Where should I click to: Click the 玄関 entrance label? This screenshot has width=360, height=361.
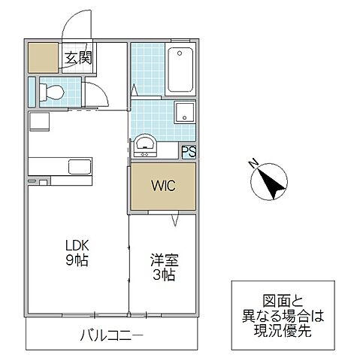pyautogui.click(x=77, y=58)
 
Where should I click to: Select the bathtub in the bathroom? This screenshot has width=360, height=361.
pyautogui.click(x=180, y=70)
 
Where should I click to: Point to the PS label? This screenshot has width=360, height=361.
pyautogui.click(x=189, y=150)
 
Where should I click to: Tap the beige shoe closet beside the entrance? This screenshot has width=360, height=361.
pyautogui.click(x=43, y=58)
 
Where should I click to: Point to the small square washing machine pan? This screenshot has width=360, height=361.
pyautogui.click(x=184, y=114)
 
